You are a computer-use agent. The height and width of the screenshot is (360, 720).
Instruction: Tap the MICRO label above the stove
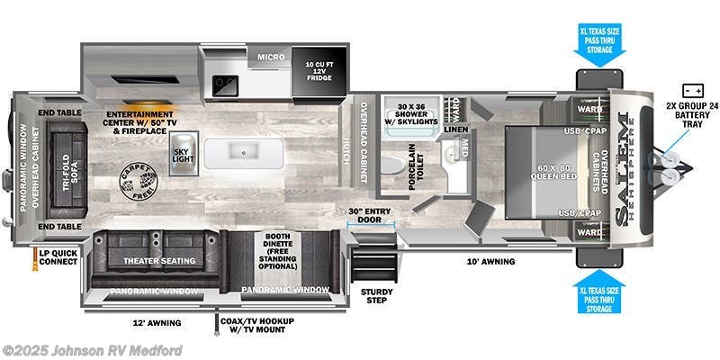coord(271,57)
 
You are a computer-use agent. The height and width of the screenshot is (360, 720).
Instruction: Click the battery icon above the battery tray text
coord(693,91)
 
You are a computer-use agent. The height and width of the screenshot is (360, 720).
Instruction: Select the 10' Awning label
coord(490,262)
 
